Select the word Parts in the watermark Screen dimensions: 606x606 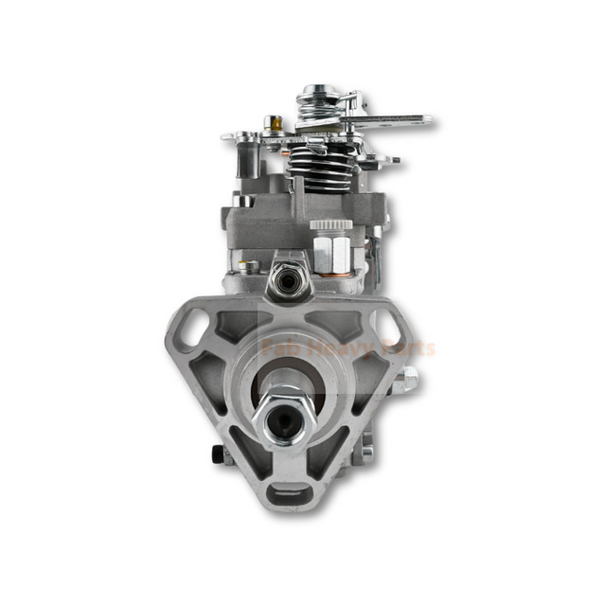click(404, 348)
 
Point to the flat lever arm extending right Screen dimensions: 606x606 click(398, 121)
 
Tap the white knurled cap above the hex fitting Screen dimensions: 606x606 click(331, 226)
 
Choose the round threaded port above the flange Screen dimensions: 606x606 click(281, 277)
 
